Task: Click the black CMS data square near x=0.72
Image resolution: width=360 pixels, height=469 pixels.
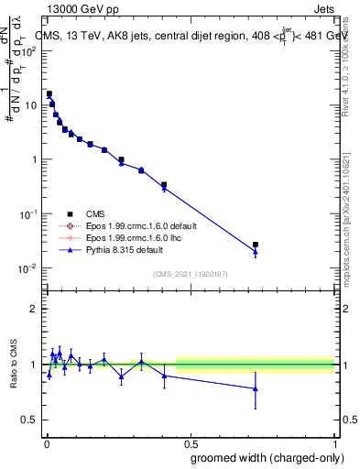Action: pos(256,245)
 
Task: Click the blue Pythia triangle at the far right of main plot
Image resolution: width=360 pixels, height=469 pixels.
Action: pos(256,252)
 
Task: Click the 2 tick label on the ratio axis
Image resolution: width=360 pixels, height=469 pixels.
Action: pos(36,309)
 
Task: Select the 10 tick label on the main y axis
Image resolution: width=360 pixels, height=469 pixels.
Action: pos(31,105)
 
